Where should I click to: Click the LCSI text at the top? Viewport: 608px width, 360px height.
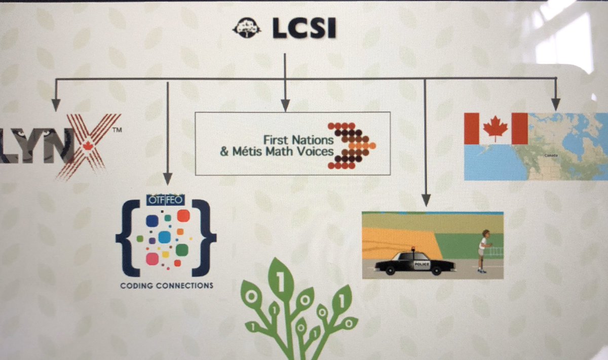pyautogui.click(x=303, y=30)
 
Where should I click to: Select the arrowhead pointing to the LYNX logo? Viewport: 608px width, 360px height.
pyautogui.click(x=56, y=105)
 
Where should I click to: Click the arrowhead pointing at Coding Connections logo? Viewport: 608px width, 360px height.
pyautogui.click(x=168, y=179)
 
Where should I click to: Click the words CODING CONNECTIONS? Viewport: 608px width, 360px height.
pyautogui.click(x=167, y=286)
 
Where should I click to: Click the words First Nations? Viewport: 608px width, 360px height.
pyautogui.click(x=298, y=138)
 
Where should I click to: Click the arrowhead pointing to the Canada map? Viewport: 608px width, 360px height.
pyautogui.click(x=556, y=105)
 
